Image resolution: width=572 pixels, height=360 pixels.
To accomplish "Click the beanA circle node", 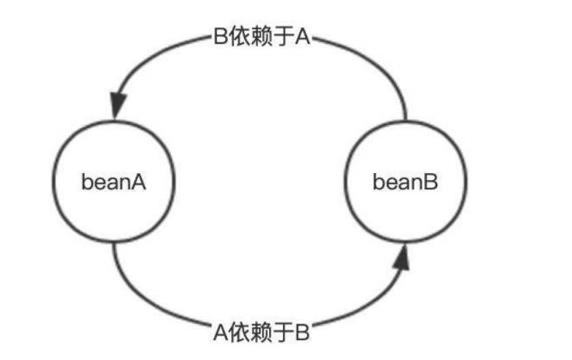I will [114, 182].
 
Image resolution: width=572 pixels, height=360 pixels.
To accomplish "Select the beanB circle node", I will [406, 182].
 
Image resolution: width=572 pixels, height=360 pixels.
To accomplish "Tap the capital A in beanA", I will [138, 182].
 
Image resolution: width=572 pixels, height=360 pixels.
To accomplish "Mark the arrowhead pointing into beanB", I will [404, 258].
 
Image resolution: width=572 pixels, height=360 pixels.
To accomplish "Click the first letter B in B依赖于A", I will [219, 37].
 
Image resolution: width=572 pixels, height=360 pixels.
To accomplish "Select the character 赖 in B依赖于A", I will [260, 37].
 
